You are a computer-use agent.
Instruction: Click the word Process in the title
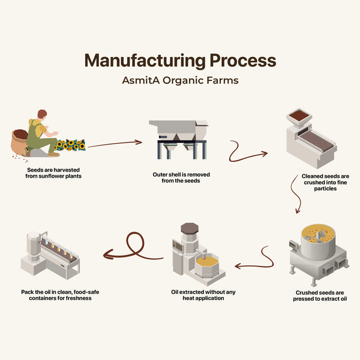click(243, 61)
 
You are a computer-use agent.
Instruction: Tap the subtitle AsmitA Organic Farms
click(180, 80)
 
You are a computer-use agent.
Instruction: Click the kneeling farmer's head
click(41, 115)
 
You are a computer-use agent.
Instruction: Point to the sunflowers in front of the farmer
click(71, 145)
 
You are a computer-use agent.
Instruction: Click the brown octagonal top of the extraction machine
click(190, 228)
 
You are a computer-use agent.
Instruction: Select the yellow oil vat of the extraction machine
click(208, 262)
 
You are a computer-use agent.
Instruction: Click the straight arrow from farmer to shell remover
click(115, 144)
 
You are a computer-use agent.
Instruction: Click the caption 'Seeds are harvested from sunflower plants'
click(49, 173)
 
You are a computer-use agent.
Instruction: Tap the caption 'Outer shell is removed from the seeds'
click(180, 178)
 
